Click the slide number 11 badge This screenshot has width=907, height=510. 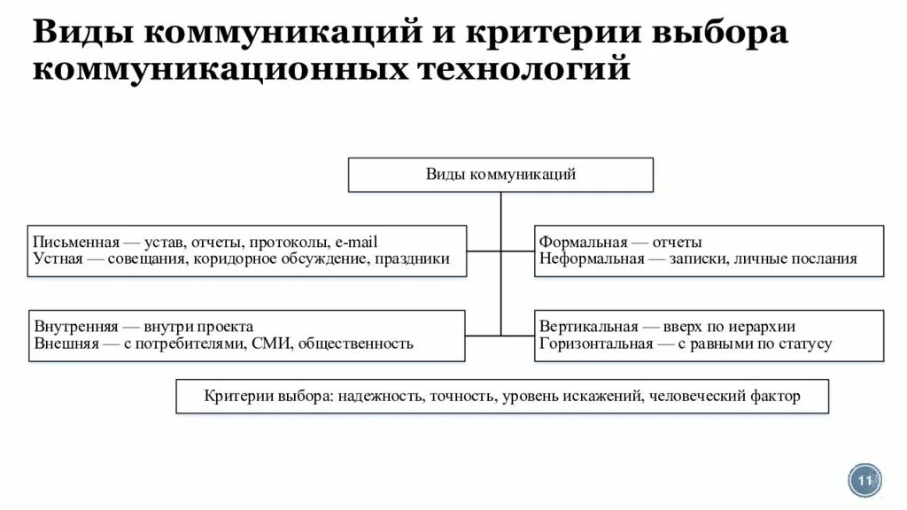[x=864, y=480]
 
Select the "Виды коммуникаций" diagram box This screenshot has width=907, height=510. [x=500, y=174]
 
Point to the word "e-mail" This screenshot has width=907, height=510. [x=357, y=242]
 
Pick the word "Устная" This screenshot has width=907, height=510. [x=58, y=259]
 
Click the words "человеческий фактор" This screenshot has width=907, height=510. [x=725, y=396]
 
